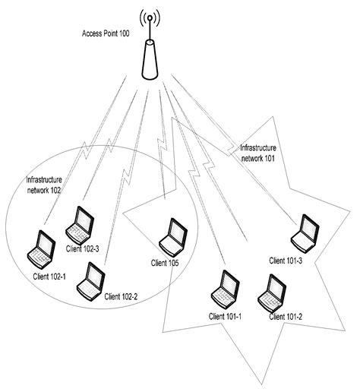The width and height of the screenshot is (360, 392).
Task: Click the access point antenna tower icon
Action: tap(149, 56)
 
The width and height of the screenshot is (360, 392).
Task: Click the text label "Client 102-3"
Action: tap(84, 249)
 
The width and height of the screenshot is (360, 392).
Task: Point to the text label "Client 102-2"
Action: tap(121, 296)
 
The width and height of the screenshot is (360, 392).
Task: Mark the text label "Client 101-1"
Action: tap(224, 315)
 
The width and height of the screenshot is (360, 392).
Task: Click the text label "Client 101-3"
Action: tap(286, 261)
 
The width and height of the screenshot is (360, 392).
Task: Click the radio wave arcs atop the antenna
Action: tap(149, 17)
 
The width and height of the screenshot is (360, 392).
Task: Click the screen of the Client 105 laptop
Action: tap(176, 230)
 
